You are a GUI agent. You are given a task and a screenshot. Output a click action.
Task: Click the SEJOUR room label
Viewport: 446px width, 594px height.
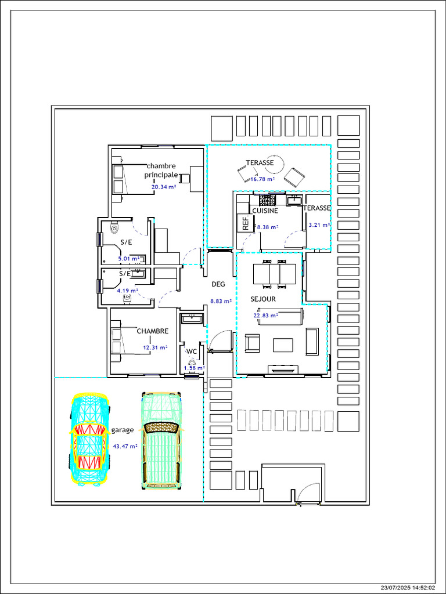click(x=263, y=299)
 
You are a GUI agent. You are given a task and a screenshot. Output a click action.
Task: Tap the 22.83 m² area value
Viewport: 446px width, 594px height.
click(x=266, y=315)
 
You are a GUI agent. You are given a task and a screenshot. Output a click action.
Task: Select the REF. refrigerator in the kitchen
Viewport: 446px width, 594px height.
click(x=244, y=223)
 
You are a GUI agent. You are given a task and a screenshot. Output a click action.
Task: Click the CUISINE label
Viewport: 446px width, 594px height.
click(x=265, y=211)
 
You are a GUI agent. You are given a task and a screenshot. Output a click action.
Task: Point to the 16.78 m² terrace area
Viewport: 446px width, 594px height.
click(x=262, y=179)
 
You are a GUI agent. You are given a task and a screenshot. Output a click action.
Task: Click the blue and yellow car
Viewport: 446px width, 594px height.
click(x=90, y=440)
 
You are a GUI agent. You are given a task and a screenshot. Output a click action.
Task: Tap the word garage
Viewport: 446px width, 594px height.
click(x=123, y=430)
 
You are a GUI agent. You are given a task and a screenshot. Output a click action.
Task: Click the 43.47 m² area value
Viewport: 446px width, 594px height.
click(x=125, y=447)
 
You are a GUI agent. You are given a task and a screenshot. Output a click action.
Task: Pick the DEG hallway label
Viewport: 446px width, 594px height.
click(x=218, y=284)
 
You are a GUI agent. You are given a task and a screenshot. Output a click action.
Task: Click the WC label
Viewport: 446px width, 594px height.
click(x=191, y=352)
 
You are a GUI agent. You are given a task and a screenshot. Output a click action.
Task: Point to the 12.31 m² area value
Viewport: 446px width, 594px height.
click(x=156, y=347)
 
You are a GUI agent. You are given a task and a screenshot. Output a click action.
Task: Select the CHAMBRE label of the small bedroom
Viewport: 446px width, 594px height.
click(x=153, y=331)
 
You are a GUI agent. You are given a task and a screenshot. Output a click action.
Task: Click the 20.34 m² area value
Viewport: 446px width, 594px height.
click(x=164, y=187)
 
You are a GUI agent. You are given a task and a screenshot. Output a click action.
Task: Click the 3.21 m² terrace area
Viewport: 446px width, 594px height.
click(x=319, y=224)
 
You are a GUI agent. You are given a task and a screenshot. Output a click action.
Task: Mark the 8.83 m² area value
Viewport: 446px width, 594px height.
click(x=221, y=301)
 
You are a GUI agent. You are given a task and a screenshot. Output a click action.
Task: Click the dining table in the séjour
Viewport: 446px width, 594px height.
click(x=274, y=274)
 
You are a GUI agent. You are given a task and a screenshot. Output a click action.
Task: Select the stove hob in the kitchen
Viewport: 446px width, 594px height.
click(x=267, y=200)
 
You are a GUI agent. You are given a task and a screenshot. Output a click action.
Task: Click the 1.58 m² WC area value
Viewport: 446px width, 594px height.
click(x=195, y=368)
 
